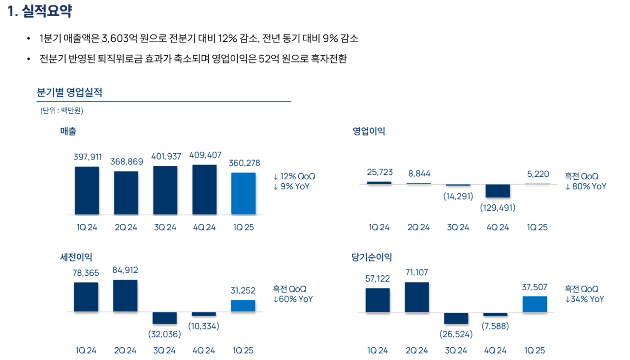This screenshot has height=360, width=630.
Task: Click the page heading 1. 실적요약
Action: pos(40,12)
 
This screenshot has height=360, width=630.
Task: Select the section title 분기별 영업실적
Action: pos(69,93)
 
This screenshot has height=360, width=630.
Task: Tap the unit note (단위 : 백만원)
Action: pos(62,111)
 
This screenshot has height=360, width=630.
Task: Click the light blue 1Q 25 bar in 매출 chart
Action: pos(244,194)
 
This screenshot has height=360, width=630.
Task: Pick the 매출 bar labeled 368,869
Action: pos(126,193)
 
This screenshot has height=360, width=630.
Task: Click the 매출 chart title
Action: pos(68,131)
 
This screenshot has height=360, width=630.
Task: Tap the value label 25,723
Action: pos(379,172)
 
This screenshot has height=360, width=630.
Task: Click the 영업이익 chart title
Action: pos(369,131)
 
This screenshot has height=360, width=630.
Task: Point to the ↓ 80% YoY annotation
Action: pos(586,187)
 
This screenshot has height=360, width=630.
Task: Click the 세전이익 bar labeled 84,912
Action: pos(126,296)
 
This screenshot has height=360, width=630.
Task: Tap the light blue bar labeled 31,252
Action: pos(243,306)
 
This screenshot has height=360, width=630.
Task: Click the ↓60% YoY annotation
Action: pos(293,299)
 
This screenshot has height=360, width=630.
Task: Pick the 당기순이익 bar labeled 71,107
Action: pos(417,297)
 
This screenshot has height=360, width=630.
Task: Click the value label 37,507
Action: pos(535,287)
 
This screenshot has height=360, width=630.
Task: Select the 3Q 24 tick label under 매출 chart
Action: pos(165,228)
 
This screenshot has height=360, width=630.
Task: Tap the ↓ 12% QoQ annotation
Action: pos(294,176)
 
